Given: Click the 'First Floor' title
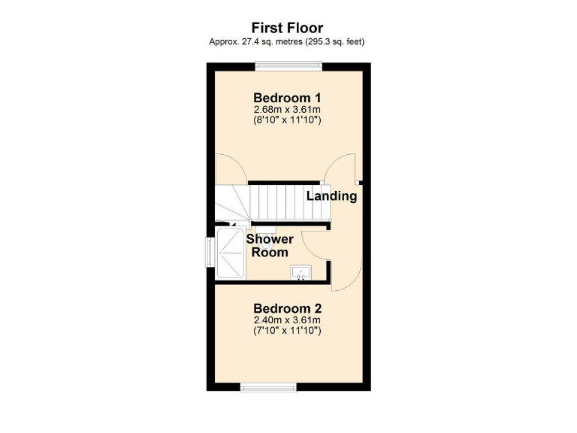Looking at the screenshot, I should point(288,29).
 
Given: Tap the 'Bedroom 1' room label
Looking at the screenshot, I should point(288,98).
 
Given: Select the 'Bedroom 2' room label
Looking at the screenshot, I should point(288,308).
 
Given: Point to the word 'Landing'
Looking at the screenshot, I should point(331,196).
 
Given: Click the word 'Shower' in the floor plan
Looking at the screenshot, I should point(270,239).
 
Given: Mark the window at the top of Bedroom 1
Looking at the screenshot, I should point(288,66).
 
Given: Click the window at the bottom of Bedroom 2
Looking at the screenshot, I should point(268,387).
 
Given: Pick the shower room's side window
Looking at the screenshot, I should point(210,252).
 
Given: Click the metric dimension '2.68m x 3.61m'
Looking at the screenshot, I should point(288,110).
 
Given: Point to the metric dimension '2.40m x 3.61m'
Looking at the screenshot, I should point(288,320).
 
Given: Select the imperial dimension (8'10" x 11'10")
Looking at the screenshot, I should point(288,120).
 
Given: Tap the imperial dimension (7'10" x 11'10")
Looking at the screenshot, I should point(288,331).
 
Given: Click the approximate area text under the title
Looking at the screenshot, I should point(288,42).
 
